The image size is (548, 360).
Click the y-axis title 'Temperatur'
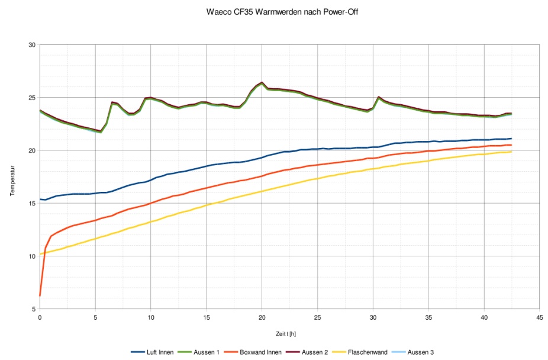[x=12, y=177]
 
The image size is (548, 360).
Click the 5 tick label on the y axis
[x=34, y=309]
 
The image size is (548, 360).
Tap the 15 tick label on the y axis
[x=33, y=204]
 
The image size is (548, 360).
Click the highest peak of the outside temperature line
[x=262, y=82]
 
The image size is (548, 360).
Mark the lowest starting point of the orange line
[x=40, y=295]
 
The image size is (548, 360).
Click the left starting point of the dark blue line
[x=40, y=200]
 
